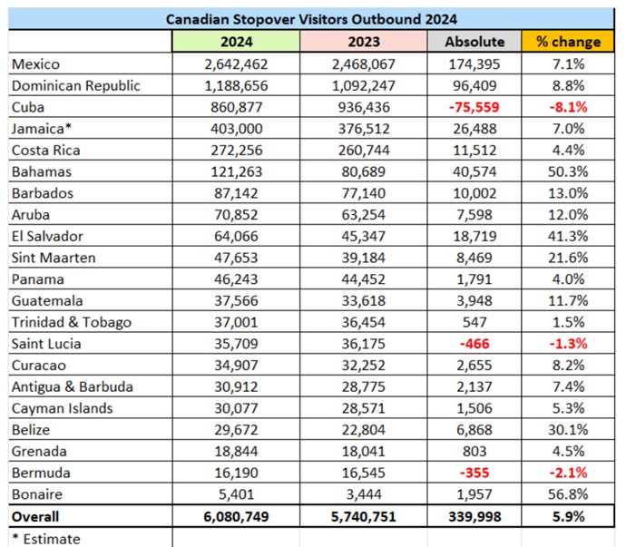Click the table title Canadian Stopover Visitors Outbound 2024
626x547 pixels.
click(x=312, y=18)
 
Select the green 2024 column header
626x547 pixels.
click(x=236, y=42)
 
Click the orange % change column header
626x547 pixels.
click(x=568, y=42)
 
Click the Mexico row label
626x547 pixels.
click(x=37, y=64)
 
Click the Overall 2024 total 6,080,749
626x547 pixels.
click(x=236, y=516)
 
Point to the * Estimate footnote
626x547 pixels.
click(x=46, y=538)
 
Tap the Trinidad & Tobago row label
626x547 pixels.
click(x=71, y=322)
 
